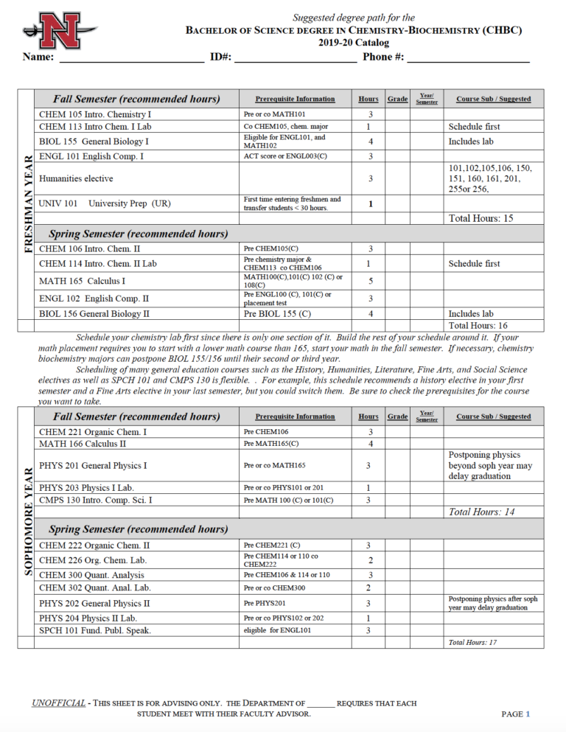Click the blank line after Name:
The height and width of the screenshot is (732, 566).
click(x=131, y=59)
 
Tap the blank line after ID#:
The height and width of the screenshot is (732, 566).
click(x=295, y=59)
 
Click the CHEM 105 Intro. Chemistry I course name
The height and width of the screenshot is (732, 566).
click(x=95, y=114)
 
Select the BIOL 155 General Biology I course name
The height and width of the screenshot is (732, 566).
click(x=94, y=141)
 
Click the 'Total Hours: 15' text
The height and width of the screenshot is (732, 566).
click(x=481, y=218)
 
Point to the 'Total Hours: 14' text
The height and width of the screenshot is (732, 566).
click(x=481, y=512)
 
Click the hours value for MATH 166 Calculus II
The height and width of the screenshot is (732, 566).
click(x=370, y=444)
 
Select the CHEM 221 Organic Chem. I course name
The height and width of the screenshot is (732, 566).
click(x=93, y=431)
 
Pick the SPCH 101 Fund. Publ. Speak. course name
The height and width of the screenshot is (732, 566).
click(x=94, y=630)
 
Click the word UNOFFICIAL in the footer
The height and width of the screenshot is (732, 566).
click(x=58, y=703)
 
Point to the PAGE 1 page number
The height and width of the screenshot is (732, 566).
click(x=515, y=714)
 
